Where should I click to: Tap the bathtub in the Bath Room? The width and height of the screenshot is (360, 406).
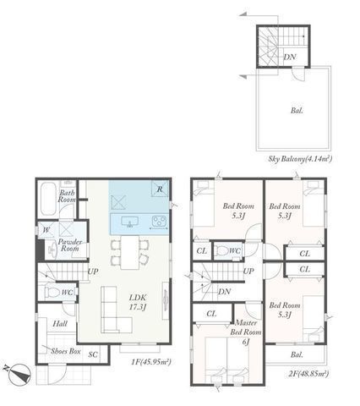[x=47, y=200]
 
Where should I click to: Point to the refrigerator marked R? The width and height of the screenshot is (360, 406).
[x=158, y=188]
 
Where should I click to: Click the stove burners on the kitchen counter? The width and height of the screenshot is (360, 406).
[x=158, y=222]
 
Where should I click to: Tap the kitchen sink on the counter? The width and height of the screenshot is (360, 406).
[x=128, y=222]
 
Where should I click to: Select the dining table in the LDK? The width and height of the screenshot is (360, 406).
[x=129, y=251]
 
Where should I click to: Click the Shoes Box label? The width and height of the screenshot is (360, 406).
[x=64, y=351]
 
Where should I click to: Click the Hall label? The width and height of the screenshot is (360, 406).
[x=60, y=324]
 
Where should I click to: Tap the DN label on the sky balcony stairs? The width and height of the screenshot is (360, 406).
[x=290, y=58]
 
